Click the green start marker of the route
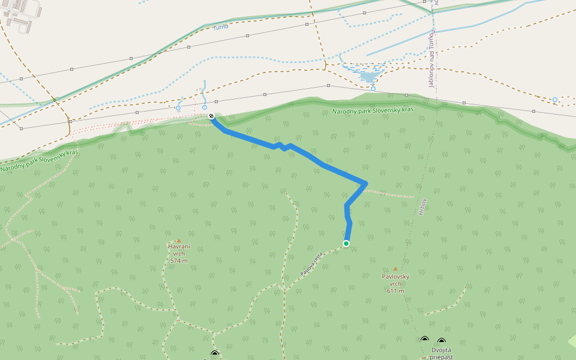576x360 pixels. click(346, 243)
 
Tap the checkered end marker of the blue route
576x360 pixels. click(211, 116)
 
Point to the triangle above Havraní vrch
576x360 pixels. click(178, 241)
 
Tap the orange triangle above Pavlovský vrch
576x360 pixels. click(395, 269)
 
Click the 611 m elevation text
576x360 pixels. click(395, 291)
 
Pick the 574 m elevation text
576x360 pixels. click(179, 261)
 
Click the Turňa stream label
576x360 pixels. click(221, 27)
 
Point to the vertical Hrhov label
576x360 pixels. click(422, 207)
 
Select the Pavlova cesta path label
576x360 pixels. click(312, 263)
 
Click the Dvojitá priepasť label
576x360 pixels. click(442, 353)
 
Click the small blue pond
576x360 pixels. click(369, 76)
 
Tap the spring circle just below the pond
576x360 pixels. click(373, 89)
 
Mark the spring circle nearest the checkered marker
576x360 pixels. click(205, 107)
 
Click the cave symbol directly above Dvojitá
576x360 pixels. click(442, 341)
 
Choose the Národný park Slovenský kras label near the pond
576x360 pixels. click(373, 111)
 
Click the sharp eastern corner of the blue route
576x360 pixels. click(366, 183)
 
